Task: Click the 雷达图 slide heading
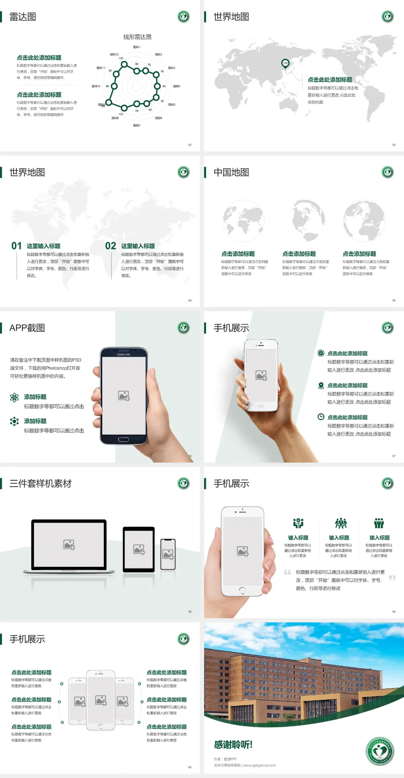click(23, 17)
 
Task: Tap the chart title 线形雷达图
click(137, 37)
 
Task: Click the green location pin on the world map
click(285, 64)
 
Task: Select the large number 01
click(16, 246)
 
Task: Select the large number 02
click(111, 246)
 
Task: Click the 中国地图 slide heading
click(231, 172)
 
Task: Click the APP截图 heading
click(27, 328)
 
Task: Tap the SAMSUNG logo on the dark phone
click(124, 355)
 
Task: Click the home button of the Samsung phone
click(123, 439)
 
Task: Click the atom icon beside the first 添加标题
click(14, 397)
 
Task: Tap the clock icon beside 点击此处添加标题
click(321, 417)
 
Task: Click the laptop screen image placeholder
click(69, 545)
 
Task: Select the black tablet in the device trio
click(139, 549)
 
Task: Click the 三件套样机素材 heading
click(40, 484)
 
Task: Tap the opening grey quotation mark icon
click(287, 572)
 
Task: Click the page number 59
click(394, 611)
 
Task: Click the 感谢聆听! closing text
click(233, 745)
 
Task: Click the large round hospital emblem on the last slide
click(380, 752)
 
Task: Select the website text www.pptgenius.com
click(260, 765)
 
